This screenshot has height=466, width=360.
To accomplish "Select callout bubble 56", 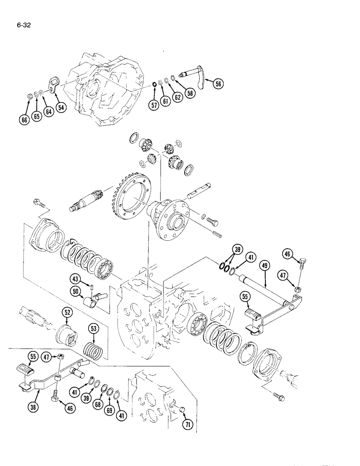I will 218,84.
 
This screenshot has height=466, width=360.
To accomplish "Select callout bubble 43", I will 75,280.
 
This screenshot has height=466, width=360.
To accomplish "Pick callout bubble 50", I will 76,291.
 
